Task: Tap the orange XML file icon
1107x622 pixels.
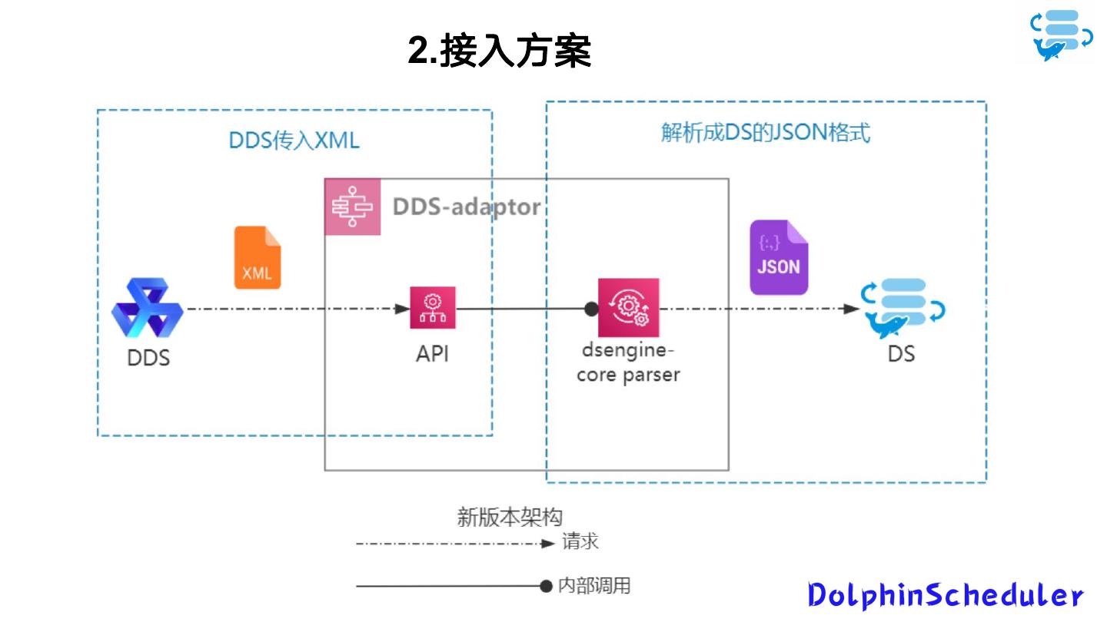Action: click(x=258, y=258)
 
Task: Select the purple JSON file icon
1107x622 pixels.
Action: click(x=779, y=257)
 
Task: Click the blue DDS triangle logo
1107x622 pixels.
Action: click(x=148, y=309)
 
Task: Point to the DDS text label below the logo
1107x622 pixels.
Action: click(x=148, y=358)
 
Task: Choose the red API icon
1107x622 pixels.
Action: click(x=433, y=308)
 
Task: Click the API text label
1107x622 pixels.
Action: click(x=433, y=354)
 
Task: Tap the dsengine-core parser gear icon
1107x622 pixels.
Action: click(x=629, y=308)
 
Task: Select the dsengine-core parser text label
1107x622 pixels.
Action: click(x=628, y=364)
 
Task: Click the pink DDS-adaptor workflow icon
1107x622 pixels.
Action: click(x=353, y=207)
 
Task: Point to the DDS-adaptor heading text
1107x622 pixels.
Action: click(x=466, y=207)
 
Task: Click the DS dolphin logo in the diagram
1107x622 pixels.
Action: click(x=902, y=309)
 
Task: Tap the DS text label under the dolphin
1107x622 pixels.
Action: click(x=901, y=354)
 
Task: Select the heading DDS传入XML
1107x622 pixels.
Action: click(x=294, y=141)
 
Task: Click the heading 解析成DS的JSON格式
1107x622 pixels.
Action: click(x=766, y=133)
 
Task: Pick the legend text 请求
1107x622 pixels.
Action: click(x=580, y=542)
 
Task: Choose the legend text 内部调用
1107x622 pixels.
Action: click(x=593, y=586)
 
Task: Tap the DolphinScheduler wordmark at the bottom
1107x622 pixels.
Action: click(x=946, y=595)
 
